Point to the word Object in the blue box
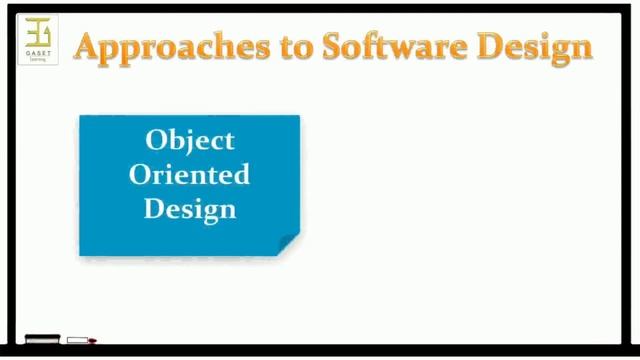pyautogui.click(x=190, y=140)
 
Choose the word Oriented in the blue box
pyautogui.click(x=190, y=174)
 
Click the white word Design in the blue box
pyautogui.click(x=190, y=209)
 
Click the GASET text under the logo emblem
pyautogui.click(x=38, y=53)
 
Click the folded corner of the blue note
pyautogui.click(x=288, y=244)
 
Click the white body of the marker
pyautogui.click(x=77, y=341)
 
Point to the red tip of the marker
pyautogui.click(x=92, y=341)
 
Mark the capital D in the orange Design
pyautogui.click(x=497, y=45)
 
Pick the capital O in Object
pyautogui.click(x=155, y=140)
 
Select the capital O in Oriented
pyautogui.click(x=140, y=174)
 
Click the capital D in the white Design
pyautogui.click(x=154, y=208)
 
